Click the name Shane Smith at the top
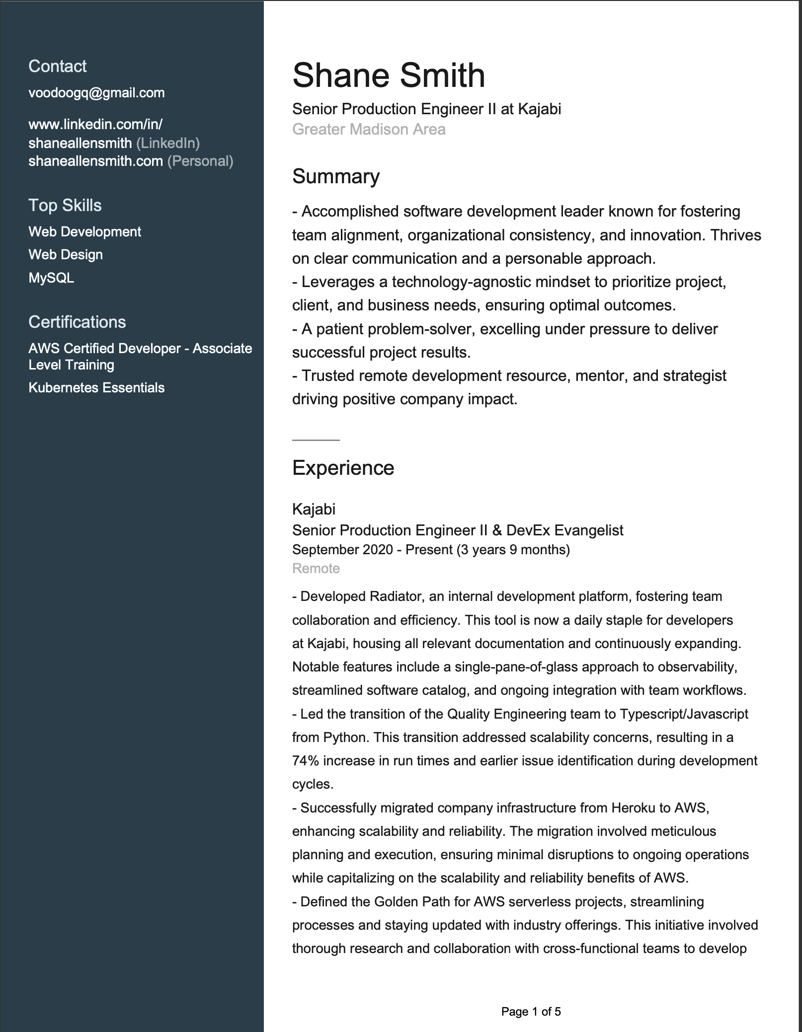388,75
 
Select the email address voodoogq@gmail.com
96,93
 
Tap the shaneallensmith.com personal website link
95,161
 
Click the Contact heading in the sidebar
57,66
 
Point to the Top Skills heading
65,205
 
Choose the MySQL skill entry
51,278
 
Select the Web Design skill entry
66,254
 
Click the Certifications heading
77,322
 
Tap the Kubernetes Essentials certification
96,387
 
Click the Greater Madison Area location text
369,129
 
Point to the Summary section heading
335,176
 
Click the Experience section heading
343,468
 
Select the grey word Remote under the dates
316,568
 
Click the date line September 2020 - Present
430,549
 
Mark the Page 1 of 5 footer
531,1012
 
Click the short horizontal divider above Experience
316,440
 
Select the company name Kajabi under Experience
314,509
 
